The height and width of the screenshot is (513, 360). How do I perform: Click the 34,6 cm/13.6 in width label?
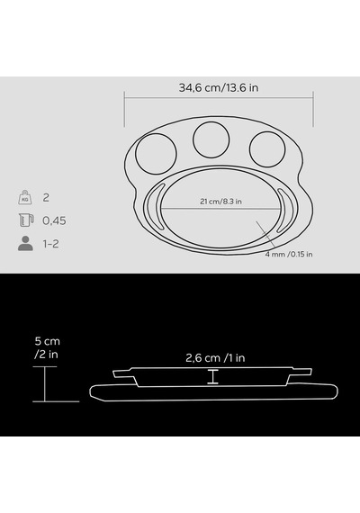click(219, 87)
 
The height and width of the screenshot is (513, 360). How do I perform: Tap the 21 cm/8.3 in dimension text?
click(220, 202)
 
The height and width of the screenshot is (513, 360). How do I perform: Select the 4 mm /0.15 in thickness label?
click(289, 254)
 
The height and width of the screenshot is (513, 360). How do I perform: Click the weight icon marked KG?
click(25, 197)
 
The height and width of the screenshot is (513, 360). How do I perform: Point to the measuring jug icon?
click(26, 220)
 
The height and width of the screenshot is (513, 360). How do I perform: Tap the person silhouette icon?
click(25, 243)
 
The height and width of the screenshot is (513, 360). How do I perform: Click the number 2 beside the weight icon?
click(46, 198)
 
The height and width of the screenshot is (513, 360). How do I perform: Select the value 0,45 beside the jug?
click(54, 220)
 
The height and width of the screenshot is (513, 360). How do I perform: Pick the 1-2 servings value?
click(51, 244)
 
